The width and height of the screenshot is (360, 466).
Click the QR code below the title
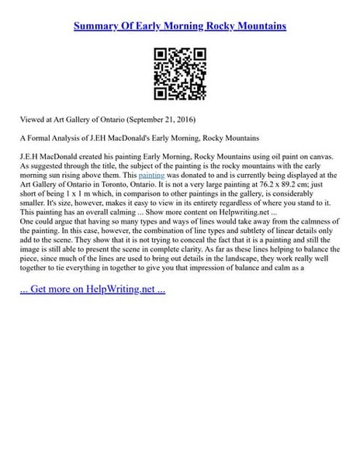179,74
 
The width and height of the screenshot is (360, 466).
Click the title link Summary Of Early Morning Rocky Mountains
180,26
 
